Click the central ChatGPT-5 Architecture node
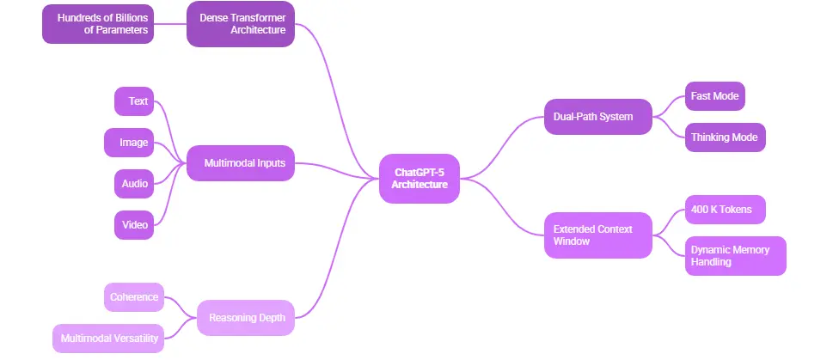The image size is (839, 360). (419, 179)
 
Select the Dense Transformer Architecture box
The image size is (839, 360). (241, 23)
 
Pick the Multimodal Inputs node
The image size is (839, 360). (241, 162)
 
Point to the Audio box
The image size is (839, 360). (134, 184)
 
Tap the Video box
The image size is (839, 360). (134, 225)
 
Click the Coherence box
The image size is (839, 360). (133, 297)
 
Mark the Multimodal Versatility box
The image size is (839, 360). (107, 339)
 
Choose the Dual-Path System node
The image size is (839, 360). (597, 117)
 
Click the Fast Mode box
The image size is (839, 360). (714, 96)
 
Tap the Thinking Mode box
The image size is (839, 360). (724, 137)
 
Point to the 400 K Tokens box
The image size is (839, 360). (724, 210)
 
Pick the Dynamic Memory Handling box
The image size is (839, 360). (735, 255)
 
